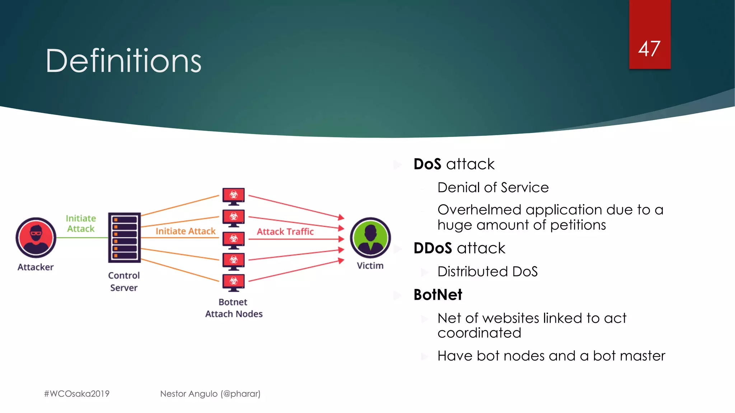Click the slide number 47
(x=649, y=49)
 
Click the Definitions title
(x=123, y=61)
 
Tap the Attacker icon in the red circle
(x=36, y=237)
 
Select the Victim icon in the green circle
(x=370, y=237)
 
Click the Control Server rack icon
(x=124, y=237)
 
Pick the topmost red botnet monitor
(x=234, y=196)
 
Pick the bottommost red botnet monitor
(x=234, y=282)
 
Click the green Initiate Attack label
(x=81, y=223)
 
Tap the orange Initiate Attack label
(x=186, y=231)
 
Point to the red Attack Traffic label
(x=285, y=232)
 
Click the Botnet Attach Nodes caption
(x=234, y=308)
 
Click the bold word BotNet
(x=438, y=295)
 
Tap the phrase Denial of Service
(x=493, y=187)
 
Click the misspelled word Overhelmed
(x=479, y=210)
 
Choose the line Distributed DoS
(x=487, y=271)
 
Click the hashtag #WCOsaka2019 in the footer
(x=77, y=394)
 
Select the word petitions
(x=578, y=225)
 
